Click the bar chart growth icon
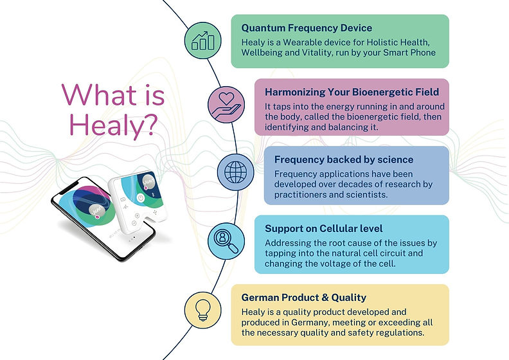coord(202,39)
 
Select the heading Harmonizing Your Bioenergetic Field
coord(348,93)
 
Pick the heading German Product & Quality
coord(304,297)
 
